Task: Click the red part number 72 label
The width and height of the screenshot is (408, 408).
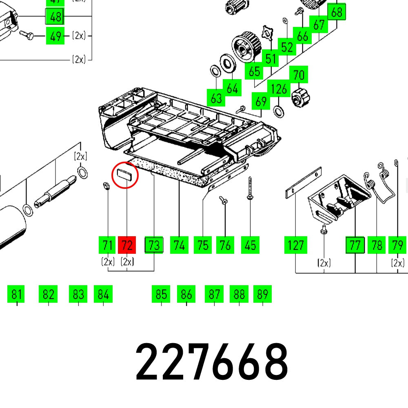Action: click(x=127, y=245)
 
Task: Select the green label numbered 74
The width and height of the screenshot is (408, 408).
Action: click(x=179, y=245)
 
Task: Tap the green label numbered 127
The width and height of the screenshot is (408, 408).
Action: click(x=295, y=245)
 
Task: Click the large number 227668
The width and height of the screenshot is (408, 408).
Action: click(x=212, y=362)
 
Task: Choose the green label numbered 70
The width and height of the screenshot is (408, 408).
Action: click(x=299, y=75)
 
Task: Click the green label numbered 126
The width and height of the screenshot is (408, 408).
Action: click(x=279, y=89)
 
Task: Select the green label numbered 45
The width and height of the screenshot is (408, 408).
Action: click(x=250, y=245)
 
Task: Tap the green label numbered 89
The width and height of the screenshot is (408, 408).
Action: click(x=262, y=294)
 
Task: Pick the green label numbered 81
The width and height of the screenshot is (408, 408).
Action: click(x=16, y=294)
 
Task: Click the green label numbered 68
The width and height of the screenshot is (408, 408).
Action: click(x=337, y=12)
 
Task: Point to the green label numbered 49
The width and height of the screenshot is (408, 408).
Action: click(x=55, y=36)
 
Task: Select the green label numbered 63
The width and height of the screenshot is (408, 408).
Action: click(x=216, y=98)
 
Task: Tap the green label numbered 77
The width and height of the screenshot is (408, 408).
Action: click(x=355, y=245)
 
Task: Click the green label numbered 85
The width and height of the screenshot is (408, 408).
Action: click(x=161, y=294)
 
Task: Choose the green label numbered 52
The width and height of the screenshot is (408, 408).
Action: click(x=287, y=47)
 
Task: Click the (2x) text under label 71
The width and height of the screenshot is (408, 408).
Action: click(x=108, y=262)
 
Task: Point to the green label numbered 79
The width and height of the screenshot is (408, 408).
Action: click(x=397, y=245)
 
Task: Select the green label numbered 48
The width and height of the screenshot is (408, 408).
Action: click(x=55, y=17)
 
